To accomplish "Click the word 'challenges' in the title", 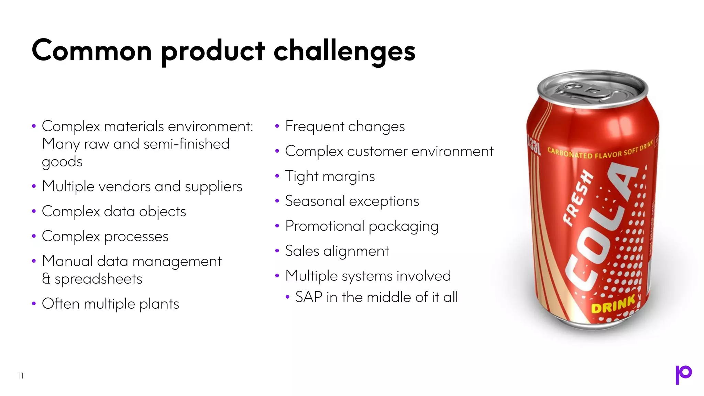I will click(344, 51).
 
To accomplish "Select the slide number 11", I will click(21, 376).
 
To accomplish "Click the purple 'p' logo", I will click(683, 374).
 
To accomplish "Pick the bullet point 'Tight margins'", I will click(330, 176).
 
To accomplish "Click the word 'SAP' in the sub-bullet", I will click(308, 297).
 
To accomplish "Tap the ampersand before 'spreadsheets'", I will click(46, 279).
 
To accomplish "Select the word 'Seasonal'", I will click(315, 201).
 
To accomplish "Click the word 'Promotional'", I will click(324, 226).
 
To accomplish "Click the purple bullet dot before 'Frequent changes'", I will click(277, 126).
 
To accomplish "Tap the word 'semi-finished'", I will click(186, 144).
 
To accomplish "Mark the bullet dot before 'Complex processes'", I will click(34, 236).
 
